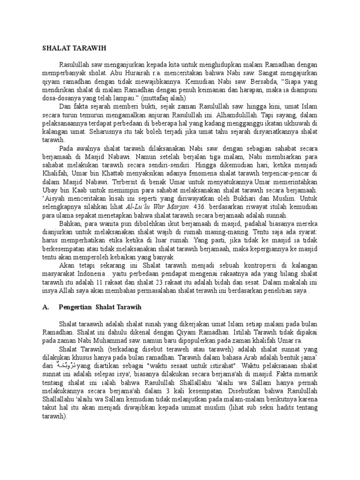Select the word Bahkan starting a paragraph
(x=70, y=225)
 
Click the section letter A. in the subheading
(x=46, y=307)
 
